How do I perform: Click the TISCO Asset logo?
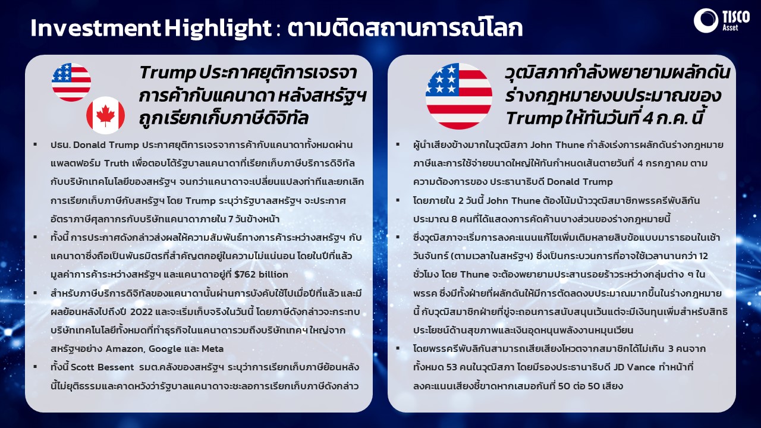coord(721,21)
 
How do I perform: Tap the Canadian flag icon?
coord(105,115)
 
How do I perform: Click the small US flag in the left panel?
coord(71,82)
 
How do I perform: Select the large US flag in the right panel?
coord(459,96)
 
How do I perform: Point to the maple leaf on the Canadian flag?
coord(105,115)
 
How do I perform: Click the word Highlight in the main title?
coord(218,28)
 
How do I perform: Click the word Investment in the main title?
coord(96,28)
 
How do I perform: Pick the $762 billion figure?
coord(261,275)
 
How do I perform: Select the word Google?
coord(165,349)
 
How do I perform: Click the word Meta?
coord(213,349)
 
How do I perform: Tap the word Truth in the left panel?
coord(117,163)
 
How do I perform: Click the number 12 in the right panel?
coord(703,256)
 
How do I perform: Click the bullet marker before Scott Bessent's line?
coord(35,367)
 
